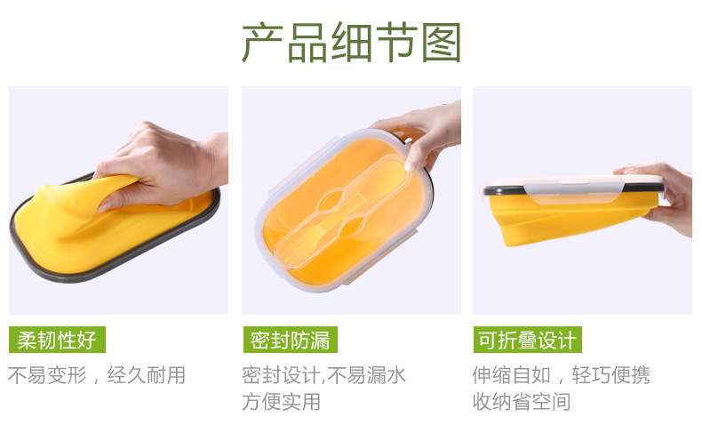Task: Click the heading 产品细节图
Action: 352,44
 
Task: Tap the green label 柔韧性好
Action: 57,340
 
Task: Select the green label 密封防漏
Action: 290,340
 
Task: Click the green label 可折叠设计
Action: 527,340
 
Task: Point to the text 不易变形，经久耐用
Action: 97,375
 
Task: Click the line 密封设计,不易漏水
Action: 323,375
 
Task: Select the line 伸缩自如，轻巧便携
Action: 561,375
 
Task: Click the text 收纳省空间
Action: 521,402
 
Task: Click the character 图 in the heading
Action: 441,44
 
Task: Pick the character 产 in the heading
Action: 263,44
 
